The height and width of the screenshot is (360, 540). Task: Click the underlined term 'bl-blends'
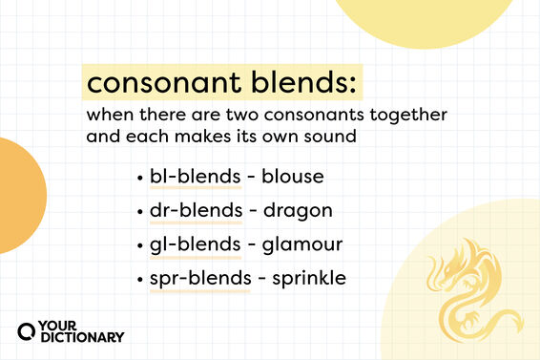click(191, 177)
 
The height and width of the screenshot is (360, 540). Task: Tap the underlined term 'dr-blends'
click(192, 210)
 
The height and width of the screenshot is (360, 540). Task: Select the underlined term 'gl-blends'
click(192, 244)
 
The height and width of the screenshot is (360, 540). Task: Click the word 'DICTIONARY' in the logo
click(82, 336)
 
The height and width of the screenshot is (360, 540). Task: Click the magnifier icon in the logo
click(29, 329)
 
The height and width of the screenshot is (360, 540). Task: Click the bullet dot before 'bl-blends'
click(141, 178)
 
